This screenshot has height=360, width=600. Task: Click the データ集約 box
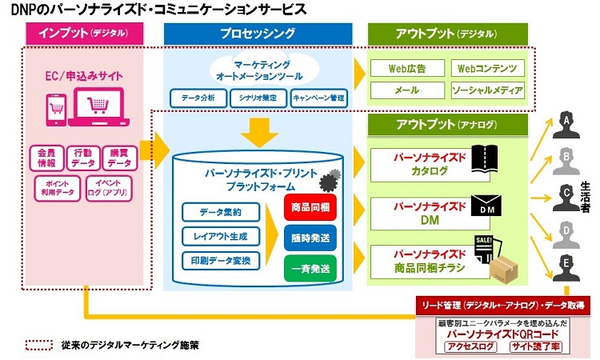click(210, 212)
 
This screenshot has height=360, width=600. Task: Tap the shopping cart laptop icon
click(101, 106)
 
